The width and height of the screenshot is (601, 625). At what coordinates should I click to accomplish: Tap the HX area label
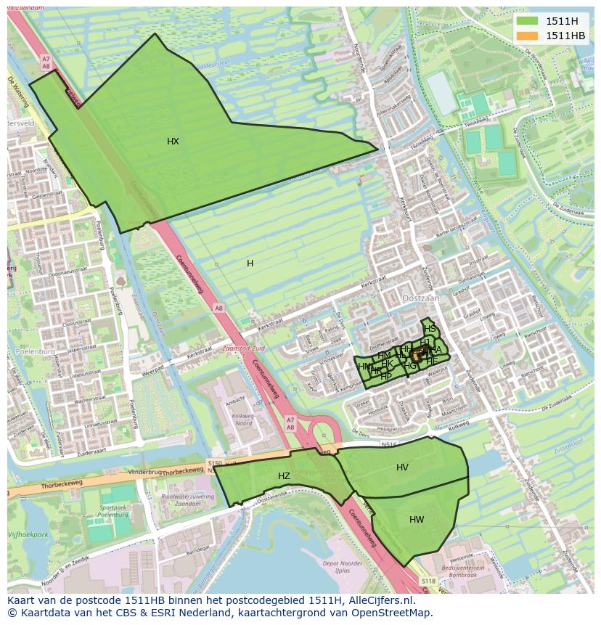click(173, 142)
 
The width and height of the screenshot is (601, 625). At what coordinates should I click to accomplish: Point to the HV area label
click(402, 467)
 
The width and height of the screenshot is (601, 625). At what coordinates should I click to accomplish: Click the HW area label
click(417, 520)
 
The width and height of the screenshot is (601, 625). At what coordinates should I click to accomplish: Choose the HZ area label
click(284, 476)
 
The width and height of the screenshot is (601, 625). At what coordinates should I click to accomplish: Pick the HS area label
click(430, 329)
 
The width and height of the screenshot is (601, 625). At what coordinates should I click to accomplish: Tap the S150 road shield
click(214, 462)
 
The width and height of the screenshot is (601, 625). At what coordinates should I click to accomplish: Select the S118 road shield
click(429, 581)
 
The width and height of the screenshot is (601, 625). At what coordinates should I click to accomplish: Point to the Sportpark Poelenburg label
click(113, 511)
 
